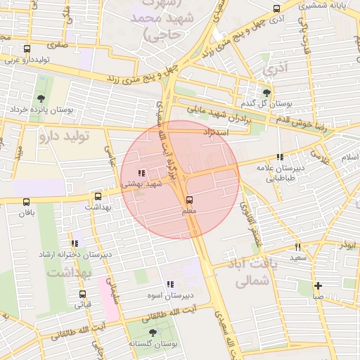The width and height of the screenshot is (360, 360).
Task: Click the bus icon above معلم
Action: pos(188,200)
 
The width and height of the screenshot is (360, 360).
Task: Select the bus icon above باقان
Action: pos(28,201)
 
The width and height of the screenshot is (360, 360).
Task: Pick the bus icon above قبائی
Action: pos(83,295)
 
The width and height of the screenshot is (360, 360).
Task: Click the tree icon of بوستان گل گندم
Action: pos(266,92)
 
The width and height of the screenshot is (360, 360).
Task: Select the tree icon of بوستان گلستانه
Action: pos(153,333)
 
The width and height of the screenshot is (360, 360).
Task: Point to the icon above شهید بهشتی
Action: pos(141,172)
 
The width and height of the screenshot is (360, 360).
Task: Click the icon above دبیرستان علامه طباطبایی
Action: pos(280,157)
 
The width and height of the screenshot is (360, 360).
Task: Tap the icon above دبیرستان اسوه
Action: pos(169,284)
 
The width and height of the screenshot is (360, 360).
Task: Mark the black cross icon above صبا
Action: pos(319,285)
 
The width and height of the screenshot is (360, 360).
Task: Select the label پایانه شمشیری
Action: pos(323,5)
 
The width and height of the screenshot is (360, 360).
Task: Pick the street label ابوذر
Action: pos(346,245)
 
